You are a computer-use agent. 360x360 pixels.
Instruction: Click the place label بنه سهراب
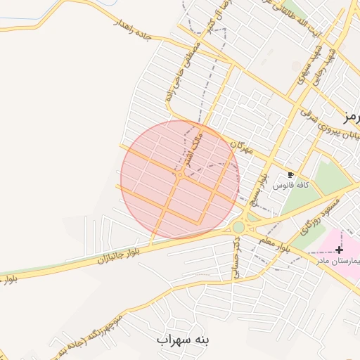[x=184, y=340]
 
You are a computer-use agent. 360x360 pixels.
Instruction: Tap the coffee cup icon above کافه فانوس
[x=291, y=174]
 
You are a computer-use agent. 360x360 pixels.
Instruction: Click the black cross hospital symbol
[x=339, y=250]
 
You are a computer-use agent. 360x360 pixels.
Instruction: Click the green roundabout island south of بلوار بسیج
[x=239, y=227]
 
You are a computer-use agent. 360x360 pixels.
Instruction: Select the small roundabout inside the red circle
[x=180, y=174]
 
